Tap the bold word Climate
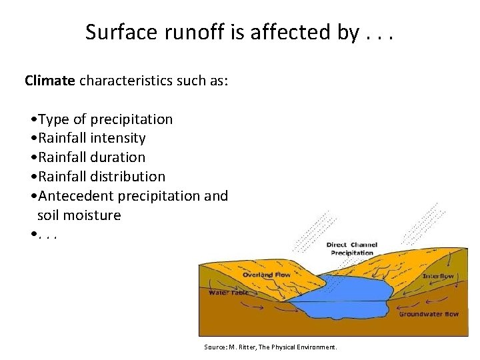pyautogui.click(x=50, y=81)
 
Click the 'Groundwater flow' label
pyautogui.click(x=429, y=313)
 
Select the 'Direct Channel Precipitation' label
pyautogui.click(x=351, y=249)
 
